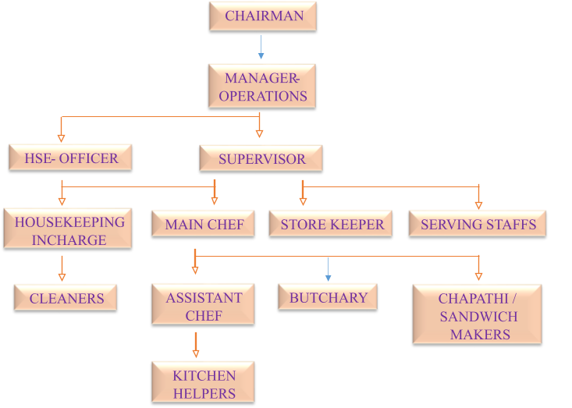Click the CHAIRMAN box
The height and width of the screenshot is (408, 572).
click(x=262, y=16)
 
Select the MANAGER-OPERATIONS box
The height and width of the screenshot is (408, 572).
click(x=262, y=87)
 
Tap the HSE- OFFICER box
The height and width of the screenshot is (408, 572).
click(x=70, y=158)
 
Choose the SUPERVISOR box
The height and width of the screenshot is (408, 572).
click(x=261, y=158)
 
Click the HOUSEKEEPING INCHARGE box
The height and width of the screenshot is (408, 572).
click(x=69, y=230)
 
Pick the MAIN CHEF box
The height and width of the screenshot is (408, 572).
click(x=204, y=225)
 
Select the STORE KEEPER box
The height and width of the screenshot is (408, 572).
click(x=332, y=225)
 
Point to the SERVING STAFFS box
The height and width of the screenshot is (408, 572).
click(x=478, y=225)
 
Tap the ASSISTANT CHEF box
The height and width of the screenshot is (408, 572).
click(x=204, y=307)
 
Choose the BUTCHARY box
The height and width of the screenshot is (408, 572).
click(x=327, y=298)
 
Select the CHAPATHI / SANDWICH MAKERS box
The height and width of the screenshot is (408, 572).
click(x=478, y=316)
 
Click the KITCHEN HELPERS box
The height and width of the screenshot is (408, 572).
click(x=203, y=384)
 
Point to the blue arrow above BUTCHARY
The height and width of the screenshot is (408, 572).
click(x=328, y=269)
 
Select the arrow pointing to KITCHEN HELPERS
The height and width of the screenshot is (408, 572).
click(x=195, y=344)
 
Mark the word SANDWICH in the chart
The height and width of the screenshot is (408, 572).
click(x=478, y=317)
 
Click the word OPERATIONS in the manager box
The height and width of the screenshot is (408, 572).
click(x=263, y=96)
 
